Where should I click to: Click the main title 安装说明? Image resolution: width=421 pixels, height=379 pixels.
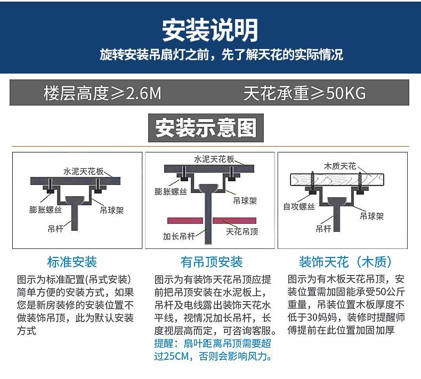[x=210, y=29]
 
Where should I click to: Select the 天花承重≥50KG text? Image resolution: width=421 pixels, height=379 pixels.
[x=304, y=93]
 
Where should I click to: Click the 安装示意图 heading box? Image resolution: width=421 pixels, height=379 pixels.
[x=206, y=128]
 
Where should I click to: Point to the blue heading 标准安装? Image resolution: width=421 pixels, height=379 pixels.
[x=72, y=262]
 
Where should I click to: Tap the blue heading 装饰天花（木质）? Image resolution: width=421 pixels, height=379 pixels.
[x=346, y=262]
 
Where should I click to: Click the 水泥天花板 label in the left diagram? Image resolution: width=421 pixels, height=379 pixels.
[x=83, y=172]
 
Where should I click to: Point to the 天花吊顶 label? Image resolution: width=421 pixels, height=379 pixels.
[x=242, y=231]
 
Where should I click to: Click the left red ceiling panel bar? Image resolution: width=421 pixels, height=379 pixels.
[x=185, y=220]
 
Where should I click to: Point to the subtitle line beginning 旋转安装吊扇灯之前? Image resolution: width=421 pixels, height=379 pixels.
[x=221, y=54]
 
